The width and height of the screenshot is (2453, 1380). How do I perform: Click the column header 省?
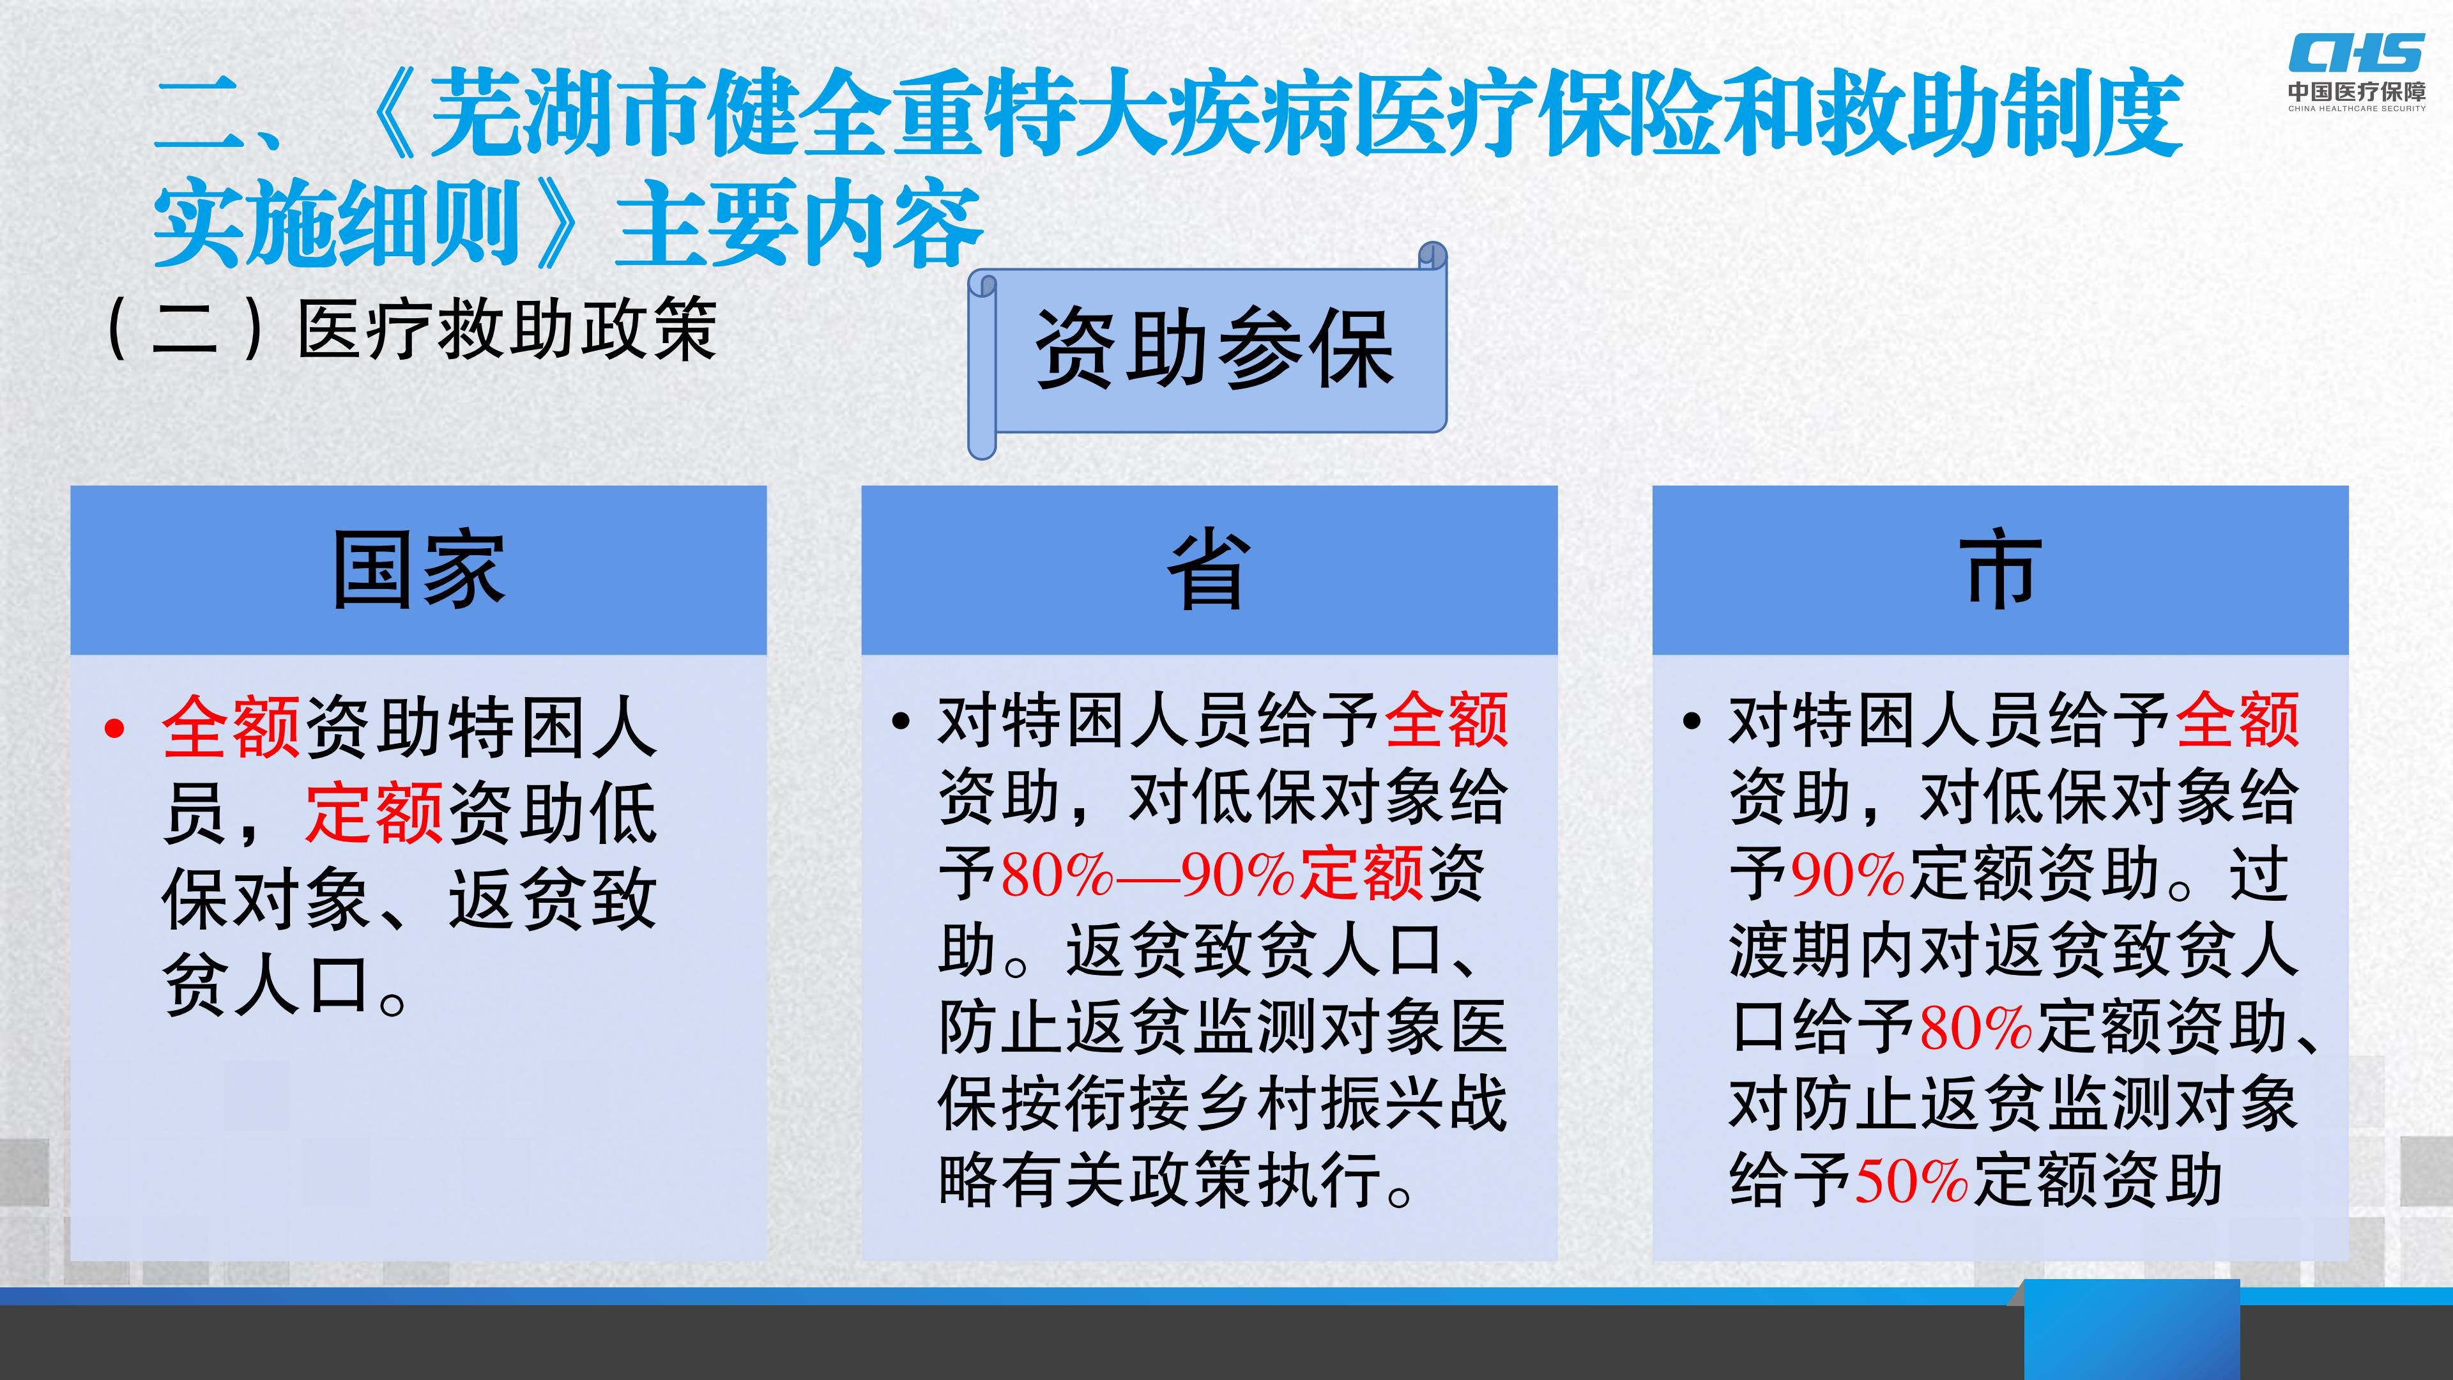click(x=1209, y=569)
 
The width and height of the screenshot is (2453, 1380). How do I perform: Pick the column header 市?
click(x=1999, y=569)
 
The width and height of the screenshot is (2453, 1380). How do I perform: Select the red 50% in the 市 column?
click(x=1911, y=1181)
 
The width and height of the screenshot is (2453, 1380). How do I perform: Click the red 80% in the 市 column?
click(x=1976, y=1027)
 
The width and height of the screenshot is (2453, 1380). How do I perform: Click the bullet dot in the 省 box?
click(x=901, y=721)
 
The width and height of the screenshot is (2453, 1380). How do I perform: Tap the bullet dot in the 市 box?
click(x=1692, y=721)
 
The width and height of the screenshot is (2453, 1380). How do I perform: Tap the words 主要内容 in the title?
click(x=798, y=225)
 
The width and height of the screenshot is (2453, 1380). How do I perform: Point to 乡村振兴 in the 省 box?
click(x=1319, y=1105)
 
